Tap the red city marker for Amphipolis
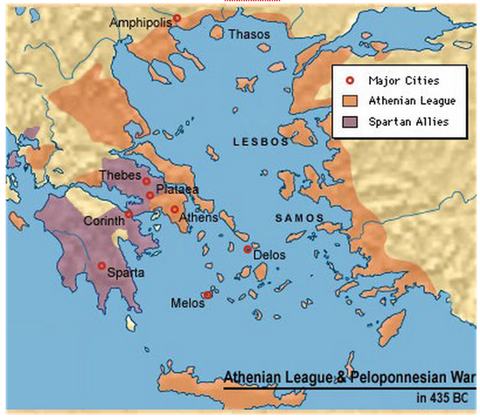pyautogui.click(x=177, y=17)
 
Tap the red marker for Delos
pyautogui.click(x=247, y=249)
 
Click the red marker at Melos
pyautogui.click(x=207, y=295)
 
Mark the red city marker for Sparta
pyautogui.click(x=101, y=265)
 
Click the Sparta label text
pyautogui.click(x=124, y=272)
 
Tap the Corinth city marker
pyautogui.click(x=129, y=214)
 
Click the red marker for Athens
pyautogui.click(x=175, y=209)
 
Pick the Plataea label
pyautogui.click(x=177, y=189)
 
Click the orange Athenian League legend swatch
pyautogui.click(x=350, y=100)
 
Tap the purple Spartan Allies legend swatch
pyautogui.click(x=350, y=120)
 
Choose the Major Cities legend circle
pyautogui.click(x=350, y=81)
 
